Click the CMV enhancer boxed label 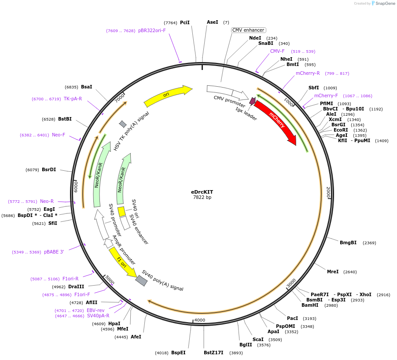coord(249,30)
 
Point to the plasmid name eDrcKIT coord(202,192)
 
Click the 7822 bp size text coord(202,198)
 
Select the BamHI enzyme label coord(310,305)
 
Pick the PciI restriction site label coord(185,22)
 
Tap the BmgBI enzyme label coord(348,242)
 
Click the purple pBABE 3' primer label coord(54,252)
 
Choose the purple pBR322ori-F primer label coord(152,31)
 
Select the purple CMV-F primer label coord(277,51)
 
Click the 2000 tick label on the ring coord(328,192)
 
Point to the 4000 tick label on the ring coord(199,320)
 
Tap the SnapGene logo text coord(385,4)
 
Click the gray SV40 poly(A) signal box coord(141,280)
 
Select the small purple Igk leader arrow coord(252,101)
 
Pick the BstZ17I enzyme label coord(213,353)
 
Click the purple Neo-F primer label coord(59,135)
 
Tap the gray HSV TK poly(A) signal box coord(123,124)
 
